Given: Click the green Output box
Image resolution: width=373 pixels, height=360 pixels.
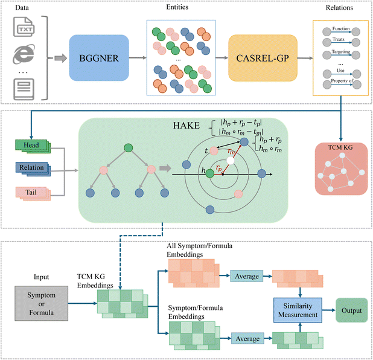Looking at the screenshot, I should pyautogui.click(x=351, y=310).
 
